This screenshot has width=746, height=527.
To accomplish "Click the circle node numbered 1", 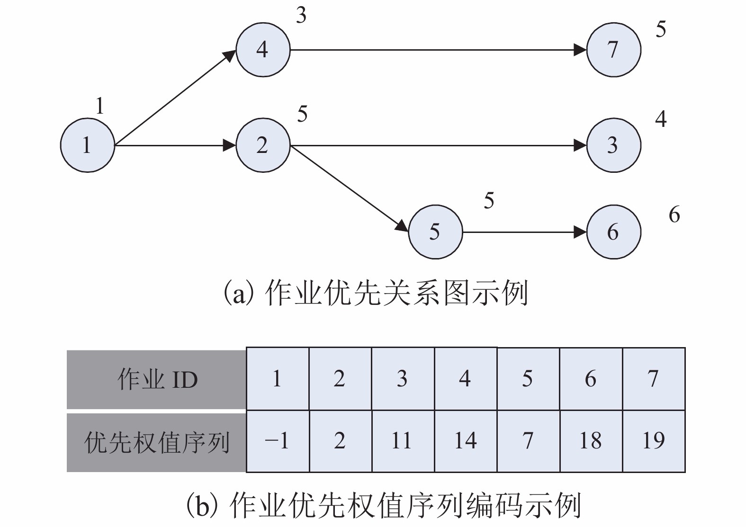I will tap(87, 145).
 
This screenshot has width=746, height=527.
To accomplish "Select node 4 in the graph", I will tap(263, 49).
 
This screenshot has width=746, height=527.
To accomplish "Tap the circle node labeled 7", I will tap(613, 49).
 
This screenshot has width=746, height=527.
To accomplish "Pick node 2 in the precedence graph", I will tap(263, 145).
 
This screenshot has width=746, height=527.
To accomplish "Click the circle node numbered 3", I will tap(613, 145).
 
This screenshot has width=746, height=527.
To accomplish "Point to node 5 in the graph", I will tap(435, 232).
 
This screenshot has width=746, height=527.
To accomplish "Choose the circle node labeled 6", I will tap(613, 232).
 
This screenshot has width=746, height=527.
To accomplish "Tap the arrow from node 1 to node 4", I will tap(175, 97).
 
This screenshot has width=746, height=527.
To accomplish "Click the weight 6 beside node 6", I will tap(674, 215).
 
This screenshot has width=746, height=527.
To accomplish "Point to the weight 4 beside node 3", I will tap(661, 119).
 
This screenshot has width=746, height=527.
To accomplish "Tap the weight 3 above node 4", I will tap(301, 16).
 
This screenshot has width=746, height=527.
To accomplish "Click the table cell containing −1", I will tap(278, 441).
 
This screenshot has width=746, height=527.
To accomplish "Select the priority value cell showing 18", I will tap(591, 441).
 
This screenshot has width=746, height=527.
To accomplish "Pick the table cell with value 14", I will tap(466, 441).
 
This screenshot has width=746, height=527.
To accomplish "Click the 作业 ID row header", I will tap(157, 379).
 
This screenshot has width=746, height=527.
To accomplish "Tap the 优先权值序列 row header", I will tap(157, 442).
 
